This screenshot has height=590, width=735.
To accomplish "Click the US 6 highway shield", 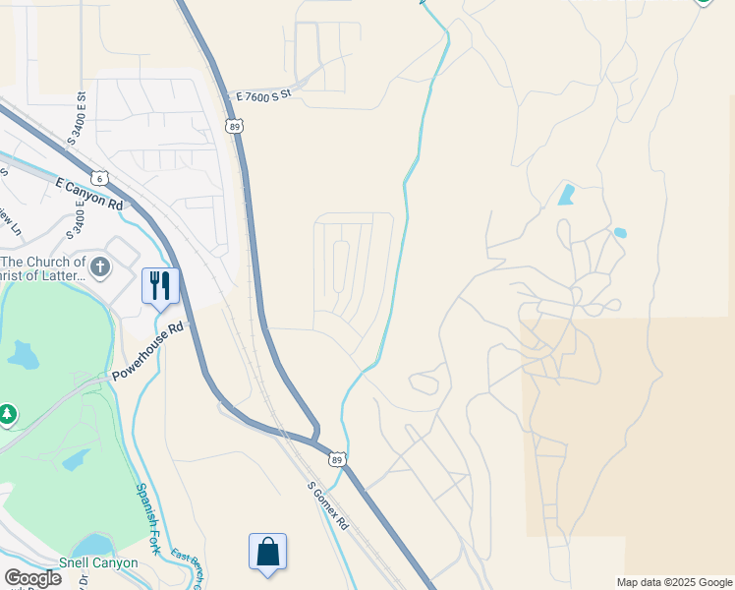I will click(x=99, y=178).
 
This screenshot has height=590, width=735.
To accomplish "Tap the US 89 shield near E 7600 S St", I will click(x=233, y=126).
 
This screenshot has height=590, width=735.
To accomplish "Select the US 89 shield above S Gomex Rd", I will click(x=337, y=459).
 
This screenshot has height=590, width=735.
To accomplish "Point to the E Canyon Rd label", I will click(x=89, y=193).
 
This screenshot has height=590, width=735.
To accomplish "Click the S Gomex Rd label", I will click(x=328, y=506).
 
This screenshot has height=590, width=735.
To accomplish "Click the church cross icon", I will click(x=99, y=266).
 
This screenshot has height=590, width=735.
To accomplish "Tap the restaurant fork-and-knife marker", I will click(x=160, y=285).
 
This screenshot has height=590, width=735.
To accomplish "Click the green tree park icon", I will click(x=8, y=415).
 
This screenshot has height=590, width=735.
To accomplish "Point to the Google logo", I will click(x=32, y=578).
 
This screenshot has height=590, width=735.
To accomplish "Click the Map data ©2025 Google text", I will click(x=673, y=582).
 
